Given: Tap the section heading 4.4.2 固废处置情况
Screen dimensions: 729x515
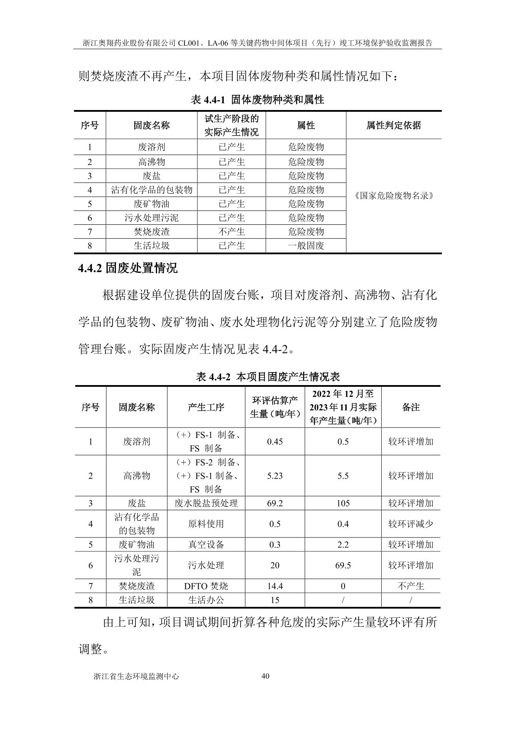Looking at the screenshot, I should (128, 269).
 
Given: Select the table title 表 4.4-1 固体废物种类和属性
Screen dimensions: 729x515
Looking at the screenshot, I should (257, 100).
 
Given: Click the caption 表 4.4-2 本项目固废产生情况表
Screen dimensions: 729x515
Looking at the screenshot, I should (268, 377).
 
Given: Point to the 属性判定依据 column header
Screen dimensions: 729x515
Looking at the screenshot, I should (393, 126).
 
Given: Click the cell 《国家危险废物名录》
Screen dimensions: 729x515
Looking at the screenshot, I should (393, 195).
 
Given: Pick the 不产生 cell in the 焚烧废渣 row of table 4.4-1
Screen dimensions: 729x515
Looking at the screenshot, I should (232, 232).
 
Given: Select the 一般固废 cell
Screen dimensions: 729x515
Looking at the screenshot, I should (306, 246).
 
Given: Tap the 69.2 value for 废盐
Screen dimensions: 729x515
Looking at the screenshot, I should (275, 503).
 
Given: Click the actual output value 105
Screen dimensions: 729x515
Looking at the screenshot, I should (343, 503).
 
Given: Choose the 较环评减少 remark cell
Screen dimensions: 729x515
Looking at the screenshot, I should (411, 524).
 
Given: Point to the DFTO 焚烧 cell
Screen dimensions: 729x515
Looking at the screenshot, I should (206, 586).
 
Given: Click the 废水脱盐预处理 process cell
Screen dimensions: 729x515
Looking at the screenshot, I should (206, 503).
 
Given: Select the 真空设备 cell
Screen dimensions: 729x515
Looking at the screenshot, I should (206, 545).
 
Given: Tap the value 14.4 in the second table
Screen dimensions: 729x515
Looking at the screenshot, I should (275, 586).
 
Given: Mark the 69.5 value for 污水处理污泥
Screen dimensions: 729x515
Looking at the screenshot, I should (343, 566).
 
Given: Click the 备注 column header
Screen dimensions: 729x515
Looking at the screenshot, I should (411, 407).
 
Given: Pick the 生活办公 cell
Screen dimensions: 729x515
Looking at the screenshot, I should (206, 600).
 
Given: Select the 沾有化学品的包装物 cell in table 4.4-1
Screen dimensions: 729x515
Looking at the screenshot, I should (151, 190).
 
